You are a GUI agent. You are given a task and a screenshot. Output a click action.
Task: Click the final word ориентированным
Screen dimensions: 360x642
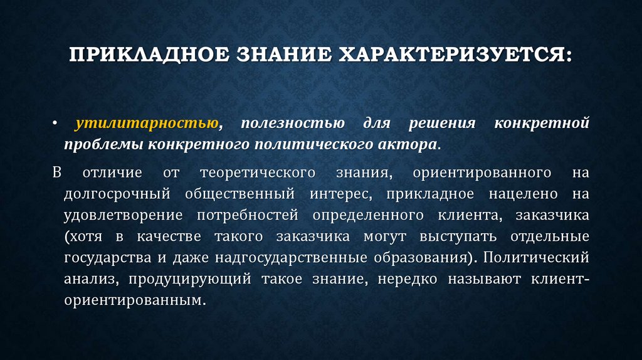[x=134, y=300]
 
